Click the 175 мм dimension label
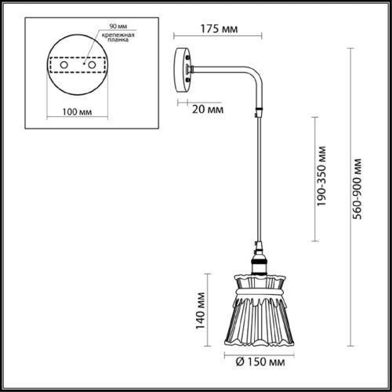click(x=219, y=29)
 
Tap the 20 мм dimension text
click(x=208, y=109)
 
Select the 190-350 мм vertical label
click(x=321, y=176)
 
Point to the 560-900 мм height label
click(x=357, y=189)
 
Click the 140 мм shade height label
click(x=201, y=310)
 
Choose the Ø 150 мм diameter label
click(x=260, y=362)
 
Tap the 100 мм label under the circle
click(x=77, y=112)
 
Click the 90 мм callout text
click(x=118, y=27)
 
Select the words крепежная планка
click(x=118, y=37)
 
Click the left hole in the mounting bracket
click(x=64, y=65)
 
